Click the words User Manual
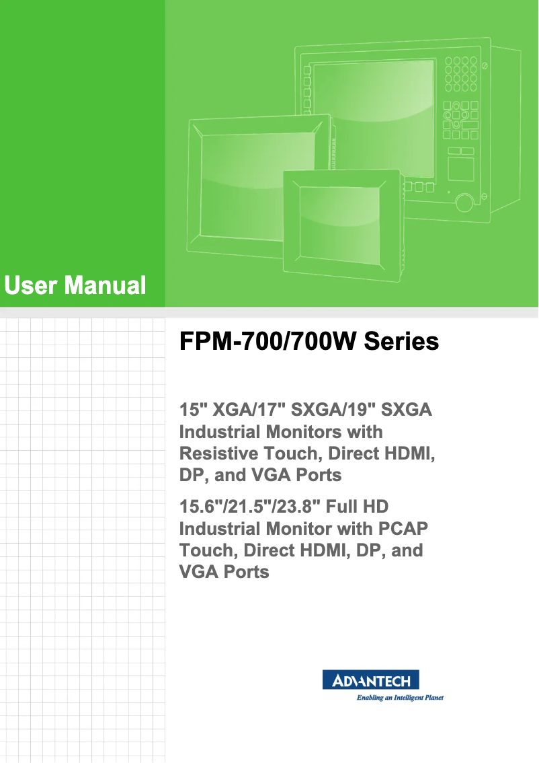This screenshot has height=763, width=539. click(x=75, y=286)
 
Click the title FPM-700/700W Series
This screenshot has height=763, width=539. click(x=308, y=342)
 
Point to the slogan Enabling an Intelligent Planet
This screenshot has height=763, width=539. click(x=399, y=698)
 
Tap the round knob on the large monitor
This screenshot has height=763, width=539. click(x=463, y=202)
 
